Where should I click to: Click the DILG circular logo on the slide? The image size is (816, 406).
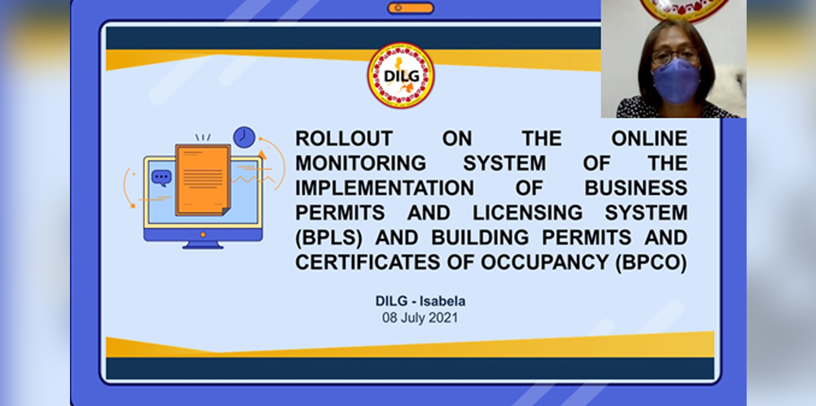pyautogui.click(x=401, y=76)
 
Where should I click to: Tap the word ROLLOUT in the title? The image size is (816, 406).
pyautogui.click(x=344, y=138)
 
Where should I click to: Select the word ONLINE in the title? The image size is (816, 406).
pyautogui.click(x=649, y=138)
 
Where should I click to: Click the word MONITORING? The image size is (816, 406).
pyautogui.click(x=360, y=163)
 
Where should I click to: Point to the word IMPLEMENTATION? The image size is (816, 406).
pyautogui.click(x=385, y=188)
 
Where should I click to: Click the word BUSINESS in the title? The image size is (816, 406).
pyautogui.click(x=636, y=188)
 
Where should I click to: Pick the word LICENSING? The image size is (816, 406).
pyautogui.click(x=527, y=213)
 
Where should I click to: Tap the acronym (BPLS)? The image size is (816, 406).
pyautogui.click(x=329, y=238)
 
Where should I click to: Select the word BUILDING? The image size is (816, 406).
pyautogui.click(x=480, y=238)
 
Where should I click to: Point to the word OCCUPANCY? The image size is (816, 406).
pyautogui.click(x=545, y=262)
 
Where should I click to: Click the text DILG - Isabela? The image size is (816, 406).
pyautogui.click(x=421, y=302)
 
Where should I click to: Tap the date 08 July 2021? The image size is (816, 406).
pyautogui.click(x=420, y=318)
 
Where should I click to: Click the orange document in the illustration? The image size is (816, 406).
pyautogui.click(x=203, y=180)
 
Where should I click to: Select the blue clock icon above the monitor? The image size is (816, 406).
pyautogui.click(x=244, y=137)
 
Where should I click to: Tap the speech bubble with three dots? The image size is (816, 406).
pyautogui.click(x=161, y=178)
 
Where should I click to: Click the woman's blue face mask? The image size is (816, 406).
pyautogui.click(x=676, y=81)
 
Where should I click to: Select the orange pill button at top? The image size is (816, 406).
pyautogui.click(x=411, y=8)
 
